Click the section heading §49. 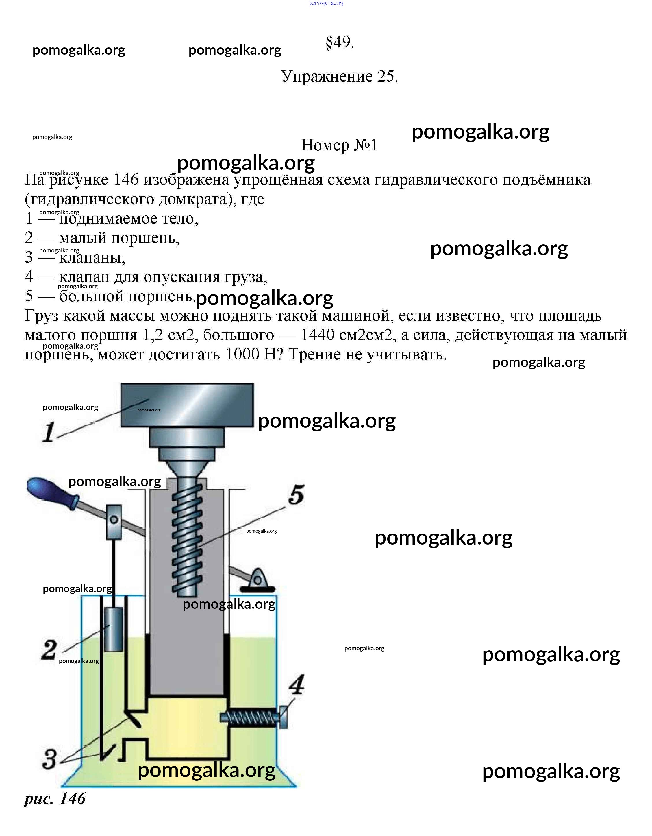pyautogui.click(x=340, y=43)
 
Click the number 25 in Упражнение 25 pyautogui.click(x=387, y=77)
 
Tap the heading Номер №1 pyautogui.click(x=339, y=145)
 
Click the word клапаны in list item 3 pyautogui.click(x=92, y=258)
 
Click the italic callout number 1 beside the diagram pyautogui.click(x=49, y=433)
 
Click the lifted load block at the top pyautogui.click(x=187, y=405)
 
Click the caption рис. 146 pyautogui.click(x=55, y=799)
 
